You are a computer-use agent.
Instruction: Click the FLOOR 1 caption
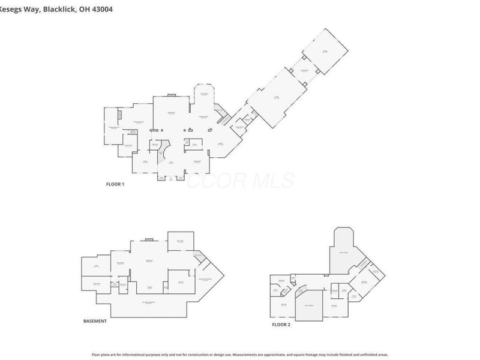coord(115,184)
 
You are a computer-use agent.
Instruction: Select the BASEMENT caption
coord(95,321)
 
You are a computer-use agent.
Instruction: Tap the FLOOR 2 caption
coord(281,324)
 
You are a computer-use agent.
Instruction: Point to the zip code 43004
coord(101,9)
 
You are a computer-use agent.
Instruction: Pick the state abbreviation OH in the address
coord(82,9)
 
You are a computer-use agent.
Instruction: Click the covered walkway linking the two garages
coord(304,70)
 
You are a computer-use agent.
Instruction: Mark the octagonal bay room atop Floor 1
coord(203,96)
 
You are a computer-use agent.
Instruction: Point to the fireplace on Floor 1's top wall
coord(171,94)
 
